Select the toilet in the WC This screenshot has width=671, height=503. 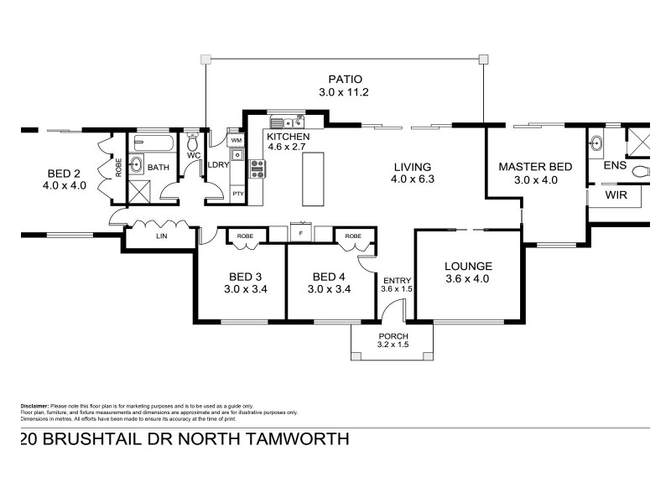(194, 139)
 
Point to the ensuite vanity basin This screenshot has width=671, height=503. (596, 143)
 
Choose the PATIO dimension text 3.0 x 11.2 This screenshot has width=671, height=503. (344, 93)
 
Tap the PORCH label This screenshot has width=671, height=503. (393, 336)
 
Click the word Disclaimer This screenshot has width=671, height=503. (34, 406)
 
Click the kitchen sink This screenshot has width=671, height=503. (283, 122)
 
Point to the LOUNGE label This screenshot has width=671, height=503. (468, 266)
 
